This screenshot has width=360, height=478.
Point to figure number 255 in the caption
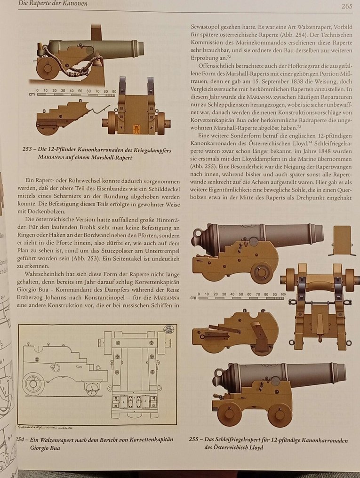tap(194, 440)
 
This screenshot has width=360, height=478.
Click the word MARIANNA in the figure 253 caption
tap(56, 158)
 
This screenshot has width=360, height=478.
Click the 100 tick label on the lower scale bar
tap(282, 294)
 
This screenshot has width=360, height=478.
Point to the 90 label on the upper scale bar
tap(113, 90)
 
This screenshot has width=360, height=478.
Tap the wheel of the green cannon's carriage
tap(46, 68)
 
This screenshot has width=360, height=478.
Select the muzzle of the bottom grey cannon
tap(342, 372)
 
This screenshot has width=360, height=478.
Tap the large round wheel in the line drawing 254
tap(32, 383)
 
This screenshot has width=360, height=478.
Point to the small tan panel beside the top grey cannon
tap(342, 239)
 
